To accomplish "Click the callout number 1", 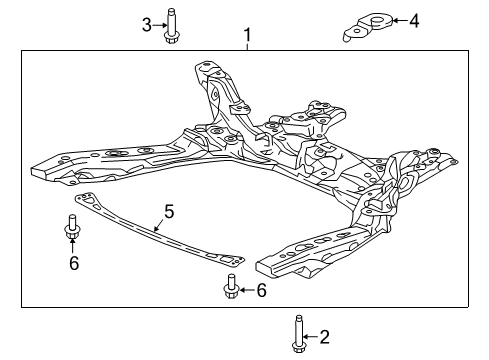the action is coord(248,35).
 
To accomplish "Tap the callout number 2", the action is coord(324,337).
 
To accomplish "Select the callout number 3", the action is coord(147,25).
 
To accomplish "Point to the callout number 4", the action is coord(414,21).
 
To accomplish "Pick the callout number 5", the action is coord(169,212).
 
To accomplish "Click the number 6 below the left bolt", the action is coord(74,263).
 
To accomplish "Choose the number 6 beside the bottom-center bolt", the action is coord(261,290).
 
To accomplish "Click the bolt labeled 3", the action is coord(171,26).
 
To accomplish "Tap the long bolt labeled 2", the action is coord(298,333).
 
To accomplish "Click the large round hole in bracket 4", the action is coord(378,20).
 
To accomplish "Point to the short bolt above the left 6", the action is coord(71,227).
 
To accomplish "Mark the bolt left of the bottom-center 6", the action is coord(231,286).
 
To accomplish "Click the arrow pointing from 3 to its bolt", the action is coord(160,25).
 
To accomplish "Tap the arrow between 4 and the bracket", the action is coord(400,20).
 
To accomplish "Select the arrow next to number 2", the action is coord(311,337).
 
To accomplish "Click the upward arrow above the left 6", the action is coord(72,246).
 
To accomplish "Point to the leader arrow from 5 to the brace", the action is coord(159,226).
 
